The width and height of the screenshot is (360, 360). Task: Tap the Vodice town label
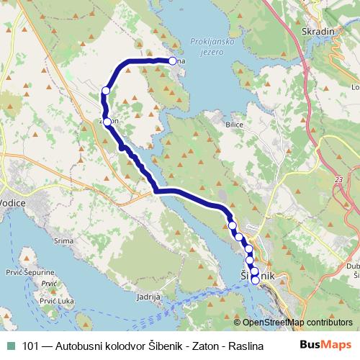[14, 204]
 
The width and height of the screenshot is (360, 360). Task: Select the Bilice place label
[235, 125]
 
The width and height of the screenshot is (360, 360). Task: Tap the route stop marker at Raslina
[173, 61]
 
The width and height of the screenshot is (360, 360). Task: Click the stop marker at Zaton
[107, 122]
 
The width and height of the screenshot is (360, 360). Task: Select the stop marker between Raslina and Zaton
[106, 91]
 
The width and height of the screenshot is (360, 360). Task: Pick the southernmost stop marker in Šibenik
[255, 280]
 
